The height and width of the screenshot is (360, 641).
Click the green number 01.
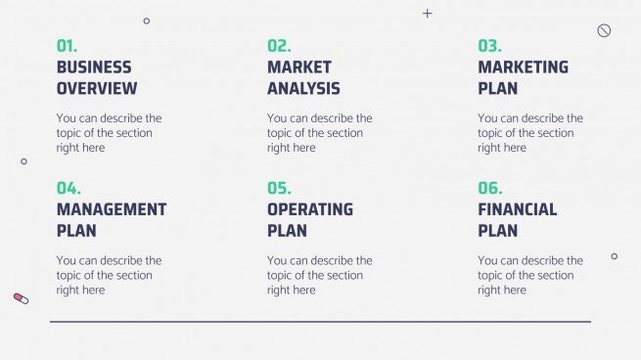67,46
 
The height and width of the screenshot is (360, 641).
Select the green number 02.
279,46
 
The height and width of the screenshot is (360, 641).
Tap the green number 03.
489,46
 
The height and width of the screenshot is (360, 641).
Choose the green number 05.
279,189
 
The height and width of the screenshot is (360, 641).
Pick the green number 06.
489,189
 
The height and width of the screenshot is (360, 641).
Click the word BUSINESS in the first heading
94,67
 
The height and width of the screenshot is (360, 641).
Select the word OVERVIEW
97,89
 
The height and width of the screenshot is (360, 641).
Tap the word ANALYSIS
303,89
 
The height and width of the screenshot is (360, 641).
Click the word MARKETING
523,67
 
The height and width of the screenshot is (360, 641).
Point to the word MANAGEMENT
112,209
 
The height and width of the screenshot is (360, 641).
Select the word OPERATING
310,209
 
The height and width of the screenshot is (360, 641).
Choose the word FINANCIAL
518,209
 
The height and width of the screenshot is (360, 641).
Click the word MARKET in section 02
299,67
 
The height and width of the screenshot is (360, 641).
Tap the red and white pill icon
22,297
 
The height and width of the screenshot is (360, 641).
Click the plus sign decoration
427,14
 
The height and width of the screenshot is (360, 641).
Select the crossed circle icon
604,30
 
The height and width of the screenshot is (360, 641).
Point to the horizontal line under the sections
320,321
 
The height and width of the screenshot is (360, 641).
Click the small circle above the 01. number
147,21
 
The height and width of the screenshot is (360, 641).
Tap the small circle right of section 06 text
615,256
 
